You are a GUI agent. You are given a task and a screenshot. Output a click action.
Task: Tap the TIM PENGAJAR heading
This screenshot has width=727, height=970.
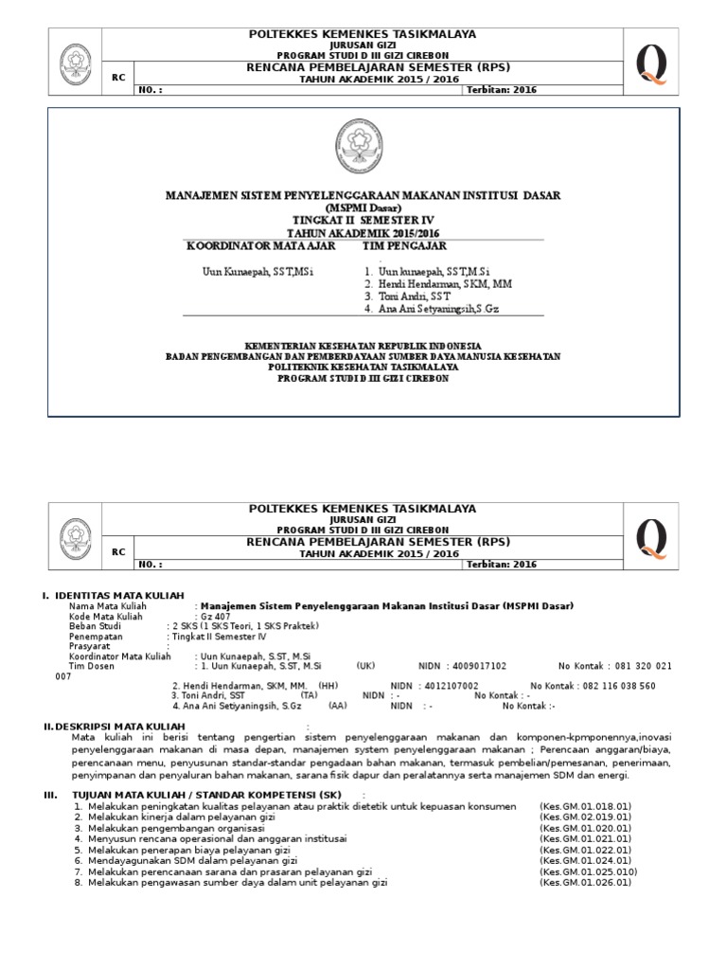(404, 246)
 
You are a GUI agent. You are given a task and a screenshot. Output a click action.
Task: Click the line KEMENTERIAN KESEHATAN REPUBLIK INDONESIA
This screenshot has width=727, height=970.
(363, 345)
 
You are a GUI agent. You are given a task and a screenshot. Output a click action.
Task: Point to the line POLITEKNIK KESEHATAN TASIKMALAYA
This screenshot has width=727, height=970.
(363, 367)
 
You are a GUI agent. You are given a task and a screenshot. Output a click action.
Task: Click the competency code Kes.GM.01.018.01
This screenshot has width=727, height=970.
(585, 806)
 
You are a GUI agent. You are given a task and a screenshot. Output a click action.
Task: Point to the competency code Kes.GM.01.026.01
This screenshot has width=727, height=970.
(585, 883)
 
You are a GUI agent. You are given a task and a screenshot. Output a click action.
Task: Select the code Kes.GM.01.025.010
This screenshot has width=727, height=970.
(588, 871)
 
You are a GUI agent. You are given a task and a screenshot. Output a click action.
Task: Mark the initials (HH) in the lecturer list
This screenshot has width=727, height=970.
(328, 686)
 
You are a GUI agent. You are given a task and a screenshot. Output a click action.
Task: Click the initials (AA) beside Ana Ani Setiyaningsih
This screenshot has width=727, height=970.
(338, 706)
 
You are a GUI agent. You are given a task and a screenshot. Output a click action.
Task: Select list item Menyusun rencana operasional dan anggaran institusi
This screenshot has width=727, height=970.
(218, 838)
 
